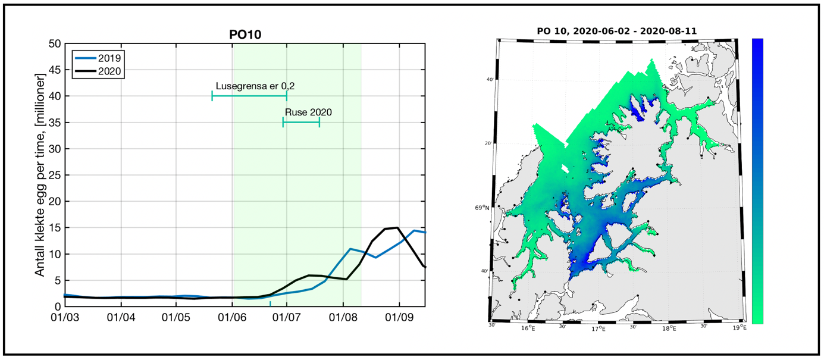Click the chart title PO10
click(x=245, y=35)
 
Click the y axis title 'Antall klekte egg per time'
click(x=40, y=175)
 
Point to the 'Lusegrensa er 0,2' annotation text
click(x=255, y=86)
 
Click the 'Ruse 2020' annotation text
click(x=308, y=112)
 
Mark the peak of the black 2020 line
click(x=397, y=227)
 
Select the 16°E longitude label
click(x=528, y=328)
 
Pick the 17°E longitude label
click(x=598, y=328)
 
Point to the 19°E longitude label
click(x=738, y=328)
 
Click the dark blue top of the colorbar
click(x=757, y=45)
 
